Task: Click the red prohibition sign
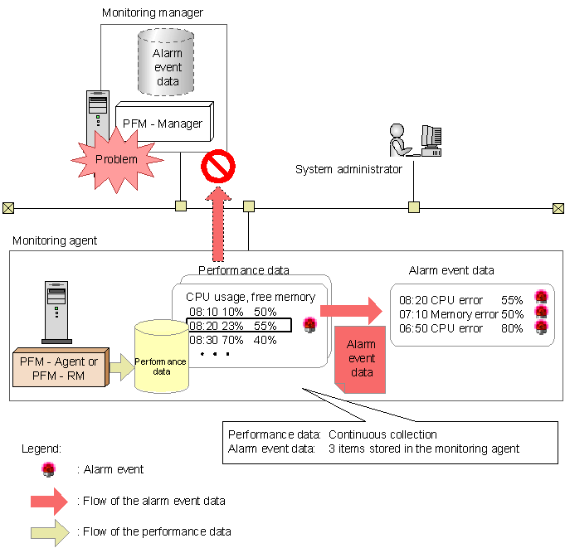[x=218, y=167]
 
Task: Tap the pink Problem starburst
[x=117, y=160]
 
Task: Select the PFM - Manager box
[x=164, y=122]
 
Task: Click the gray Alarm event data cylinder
[x=166, y=62]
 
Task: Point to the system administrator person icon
[x=399, y=140]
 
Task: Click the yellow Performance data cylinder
[x=162, y=356]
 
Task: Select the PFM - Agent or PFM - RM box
[x=61, y=367]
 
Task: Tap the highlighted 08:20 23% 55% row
[x=239, y=326]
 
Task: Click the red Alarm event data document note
[x=360, y=359]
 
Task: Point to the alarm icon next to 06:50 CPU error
[x=541, y=327]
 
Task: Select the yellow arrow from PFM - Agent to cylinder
[x=122, y=367]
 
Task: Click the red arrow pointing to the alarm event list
[x=351, y=311]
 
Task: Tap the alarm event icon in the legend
[x=49, y=469]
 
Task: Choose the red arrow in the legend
[x=50, y=502]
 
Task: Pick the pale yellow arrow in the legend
[x=50, y=532]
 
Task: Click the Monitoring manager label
[x=153, y=12]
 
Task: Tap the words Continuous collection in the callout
[x=382, y=434]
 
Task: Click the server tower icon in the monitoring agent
[x=56, y=313]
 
